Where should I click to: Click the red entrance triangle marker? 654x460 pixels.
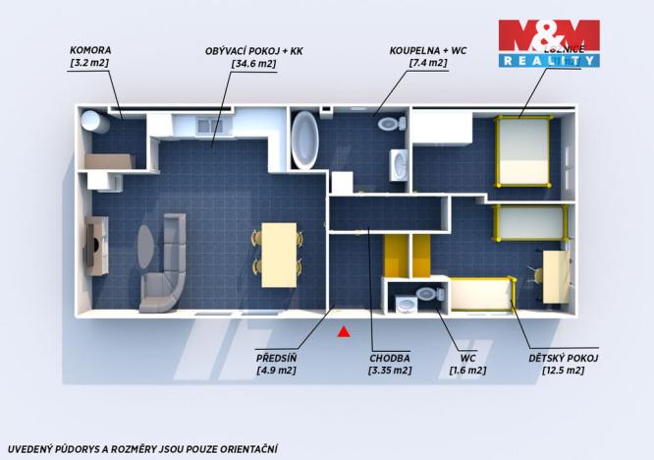[x=344, y=331]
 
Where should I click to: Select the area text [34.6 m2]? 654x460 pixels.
[x=254, y=63]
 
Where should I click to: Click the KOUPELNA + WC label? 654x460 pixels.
[x=428, y=49]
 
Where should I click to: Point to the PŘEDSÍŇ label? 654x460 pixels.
[x=276, y=358]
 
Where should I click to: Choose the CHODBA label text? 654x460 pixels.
[x=390, y=358]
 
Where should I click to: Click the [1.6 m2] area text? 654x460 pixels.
[x=466, y=371]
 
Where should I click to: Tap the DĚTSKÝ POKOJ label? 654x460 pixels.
[x=563, y=358]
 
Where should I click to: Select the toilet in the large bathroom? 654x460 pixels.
[x=391, y=125]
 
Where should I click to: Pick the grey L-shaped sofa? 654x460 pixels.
[x=164, y=263]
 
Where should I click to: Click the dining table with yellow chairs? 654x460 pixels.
[x=280, y=254]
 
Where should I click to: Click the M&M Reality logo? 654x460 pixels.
[x=548, y=42]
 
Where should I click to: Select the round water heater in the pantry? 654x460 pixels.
[x=94, y=122]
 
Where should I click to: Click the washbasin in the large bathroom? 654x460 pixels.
[x=399, y=165]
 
